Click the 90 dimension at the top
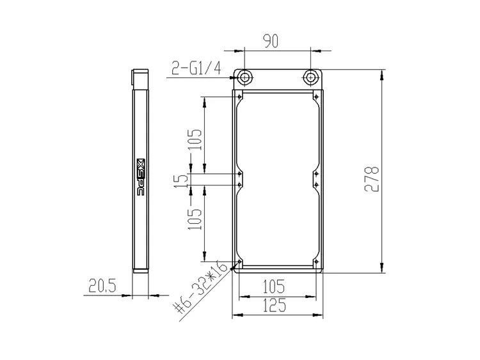point(271,42)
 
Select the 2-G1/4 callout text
point(196,68)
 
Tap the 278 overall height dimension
point(372,179)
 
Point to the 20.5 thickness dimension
point(102,286)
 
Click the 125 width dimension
point(275,305)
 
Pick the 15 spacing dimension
point(183,181)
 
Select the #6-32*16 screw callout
point(200,288)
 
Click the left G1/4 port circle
point(244,77)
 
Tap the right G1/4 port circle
point(310,77)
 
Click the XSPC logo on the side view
point(141,177)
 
